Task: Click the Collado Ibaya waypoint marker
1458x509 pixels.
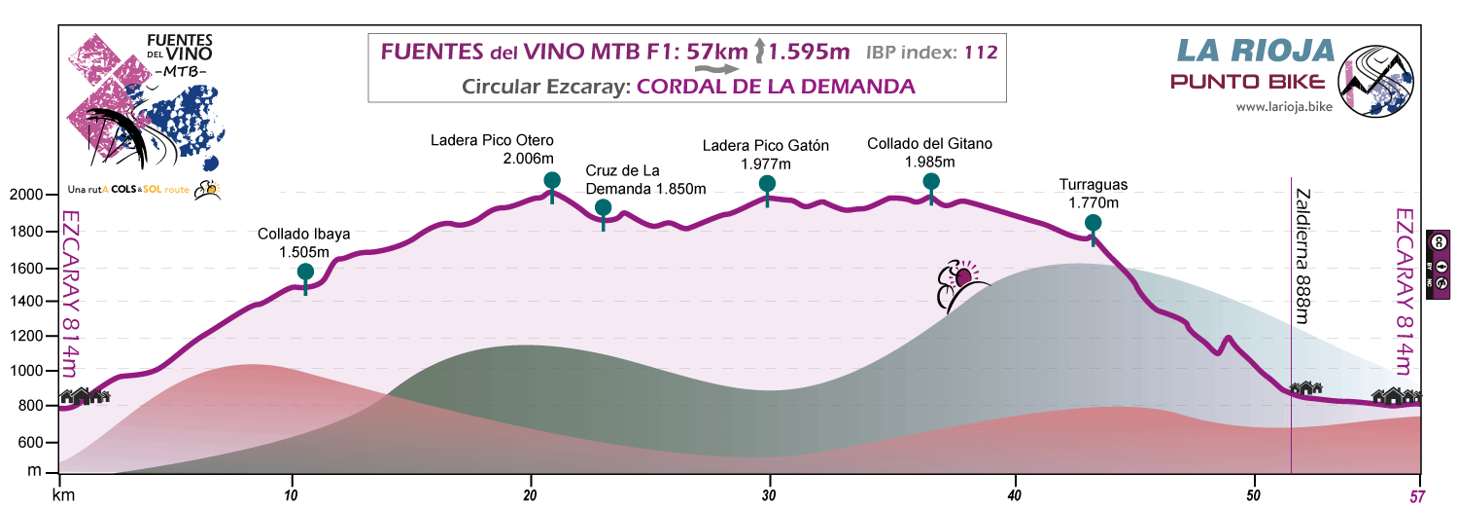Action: pos(305,272)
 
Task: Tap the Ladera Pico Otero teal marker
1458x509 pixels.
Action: pos(552,180)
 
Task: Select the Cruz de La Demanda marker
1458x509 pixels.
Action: pos(603,207)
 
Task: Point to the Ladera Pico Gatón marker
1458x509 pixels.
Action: pos(767,184)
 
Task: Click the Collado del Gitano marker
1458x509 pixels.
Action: pos(931,181)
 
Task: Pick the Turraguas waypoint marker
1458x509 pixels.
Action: pos(1093,223)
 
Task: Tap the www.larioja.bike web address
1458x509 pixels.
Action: pos(1283,107)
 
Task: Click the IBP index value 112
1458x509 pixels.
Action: pos(980,53)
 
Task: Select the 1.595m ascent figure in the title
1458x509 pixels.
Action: pos(808,52)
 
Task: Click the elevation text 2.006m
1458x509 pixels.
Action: pos(529,158)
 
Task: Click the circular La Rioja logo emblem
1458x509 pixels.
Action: pos(1375,80)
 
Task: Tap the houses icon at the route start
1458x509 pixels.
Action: pos(86,396)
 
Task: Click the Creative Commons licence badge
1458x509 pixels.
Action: pos(1438,262)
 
